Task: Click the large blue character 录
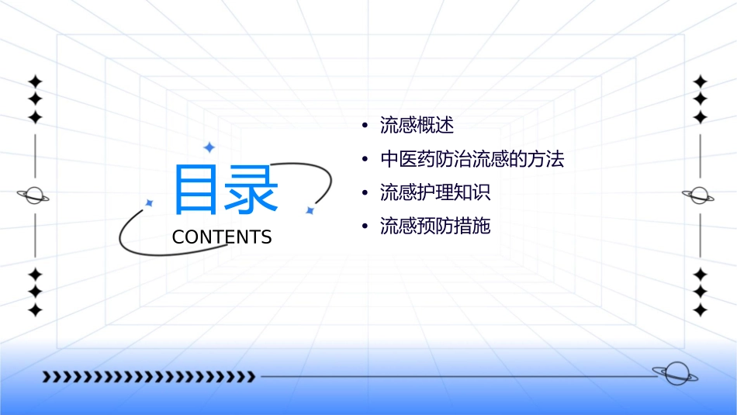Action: pyautogui.click(x=250, y=189)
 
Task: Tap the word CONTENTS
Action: pyautogui.click(x=222, y=237)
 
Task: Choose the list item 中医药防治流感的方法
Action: pyautogui.click(x=472, y=160)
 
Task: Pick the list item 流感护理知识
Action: pyautogui.click(x=435, y=192)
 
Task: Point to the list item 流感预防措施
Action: pyautogui.click(x=435, y=227)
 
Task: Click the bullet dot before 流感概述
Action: pyautogui.click(x=365, y=126)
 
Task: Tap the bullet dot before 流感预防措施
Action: pyautogui.click(x=365, y=227)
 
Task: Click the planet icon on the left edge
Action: pyautogui.click(x=34, y=195)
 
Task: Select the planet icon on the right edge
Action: pyautogui.click(x=700, y=195)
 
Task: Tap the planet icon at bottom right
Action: pyautogui.click(x=675, y=374)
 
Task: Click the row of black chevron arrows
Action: pyautogui.click(x=148, y=377)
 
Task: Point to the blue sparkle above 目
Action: pyautogui.click(x=208, y=147)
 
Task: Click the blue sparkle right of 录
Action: pyautogui.click(x=309, y=210)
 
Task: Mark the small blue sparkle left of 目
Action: pyautogui.click(x=150, y=202)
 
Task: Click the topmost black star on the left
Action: pyautogui.click(x=34, y=81)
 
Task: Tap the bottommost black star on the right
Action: pyautogui.click(x=700, y=310)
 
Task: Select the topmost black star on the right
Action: pyautogui.click(x=700, y=81)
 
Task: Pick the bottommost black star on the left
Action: pyautogui.click(x=34, y=310)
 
